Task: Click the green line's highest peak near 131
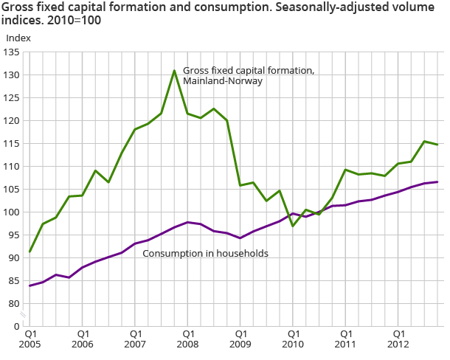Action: click(x=174, y=71)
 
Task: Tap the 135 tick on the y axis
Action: click(x=13, y=52)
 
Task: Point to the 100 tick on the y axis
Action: click(x=13, y=212)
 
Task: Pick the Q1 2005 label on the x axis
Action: click(x=30, y=339)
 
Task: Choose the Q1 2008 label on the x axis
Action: click(x=187, y=339)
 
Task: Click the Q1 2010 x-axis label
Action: click(x=293, y=339)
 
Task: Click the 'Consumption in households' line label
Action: click(x=204, y=254)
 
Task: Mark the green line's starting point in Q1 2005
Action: click(x=30, y=252)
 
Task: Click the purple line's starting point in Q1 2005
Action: click(x=30, y=285)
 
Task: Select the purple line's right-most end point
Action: click(x=437, y=181)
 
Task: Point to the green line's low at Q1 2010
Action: click(x=293, y=226)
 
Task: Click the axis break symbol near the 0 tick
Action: click(x=23, y=315)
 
